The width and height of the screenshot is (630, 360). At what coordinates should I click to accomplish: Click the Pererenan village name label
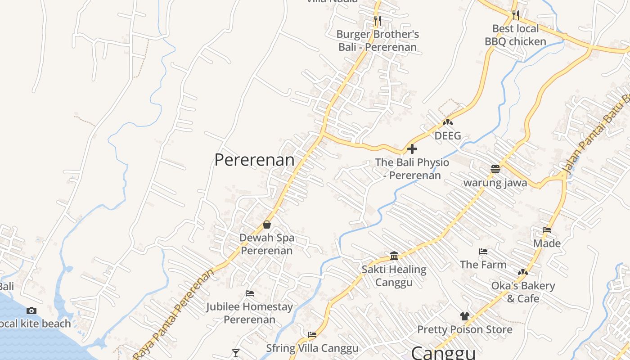254,160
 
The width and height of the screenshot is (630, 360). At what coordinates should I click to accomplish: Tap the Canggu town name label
443,353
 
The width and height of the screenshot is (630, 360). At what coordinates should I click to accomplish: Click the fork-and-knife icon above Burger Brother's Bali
377,20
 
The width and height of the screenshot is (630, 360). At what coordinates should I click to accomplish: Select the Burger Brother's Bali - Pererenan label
378,40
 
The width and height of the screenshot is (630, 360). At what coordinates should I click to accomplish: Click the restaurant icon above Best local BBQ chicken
516,15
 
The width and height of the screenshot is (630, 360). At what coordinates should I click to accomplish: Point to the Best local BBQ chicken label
515,35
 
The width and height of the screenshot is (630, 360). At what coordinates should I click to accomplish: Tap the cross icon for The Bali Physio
412,149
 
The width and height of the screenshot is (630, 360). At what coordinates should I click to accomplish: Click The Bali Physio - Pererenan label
412,169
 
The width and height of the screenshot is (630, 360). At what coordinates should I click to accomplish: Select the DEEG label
448,135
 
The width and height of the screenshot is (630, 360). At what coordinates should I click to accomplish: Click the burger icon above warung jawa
495,169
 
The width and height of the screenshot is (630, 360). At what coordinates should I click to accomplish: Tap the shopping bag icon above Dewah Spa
267,224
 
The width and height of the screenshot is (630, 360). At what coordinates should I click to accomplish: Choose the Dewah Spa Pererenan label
267,244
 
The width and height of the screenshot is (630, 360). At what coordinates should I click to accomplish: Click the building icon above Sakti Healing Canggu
394,256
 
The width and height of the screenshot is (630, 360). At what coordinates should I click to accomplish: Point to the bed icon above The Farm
483,251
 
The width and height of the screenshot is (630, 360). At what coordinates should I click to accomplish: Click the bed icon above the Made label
547,229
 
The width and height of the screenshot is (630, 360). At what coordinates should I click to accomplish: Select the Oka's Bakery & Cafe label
523,292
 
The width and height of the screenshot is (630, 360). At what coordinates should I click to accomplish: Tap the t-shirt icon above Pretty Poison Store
465,316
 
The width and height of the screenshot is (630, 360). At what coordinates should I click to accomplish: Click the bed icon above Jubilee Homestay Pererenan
250,293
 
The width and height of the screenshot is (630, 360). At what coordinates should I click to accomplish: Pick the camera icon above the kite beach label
31,310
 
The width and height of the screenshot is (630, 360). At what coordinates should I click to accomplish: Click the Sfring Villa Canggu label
312,348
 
